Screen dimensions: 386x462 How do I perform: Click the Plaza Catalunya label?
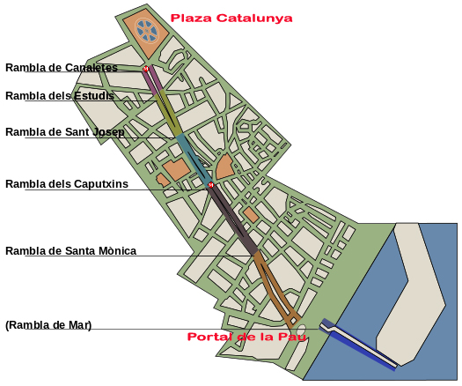231,18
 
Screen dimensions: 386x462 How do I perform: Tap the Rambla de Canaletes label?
62,68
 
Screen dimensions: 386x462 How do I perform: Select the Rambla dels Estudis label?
60,96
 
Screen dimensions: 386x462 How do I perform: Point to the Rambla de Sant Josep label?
64,132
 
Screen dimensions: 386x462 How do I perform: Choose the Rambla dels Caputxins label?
67,184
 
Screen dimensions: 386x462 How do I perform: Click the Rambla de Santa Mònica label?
70,251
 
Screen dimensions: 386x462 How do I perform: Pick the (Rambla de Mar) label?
48,325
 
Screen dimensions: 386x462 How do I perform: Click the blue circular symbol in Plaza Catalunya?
147,32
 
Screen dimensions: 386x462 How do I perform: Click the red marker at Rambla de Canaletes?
146,69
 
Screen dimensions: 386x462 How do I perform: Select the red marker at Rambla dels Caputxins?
211,185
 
